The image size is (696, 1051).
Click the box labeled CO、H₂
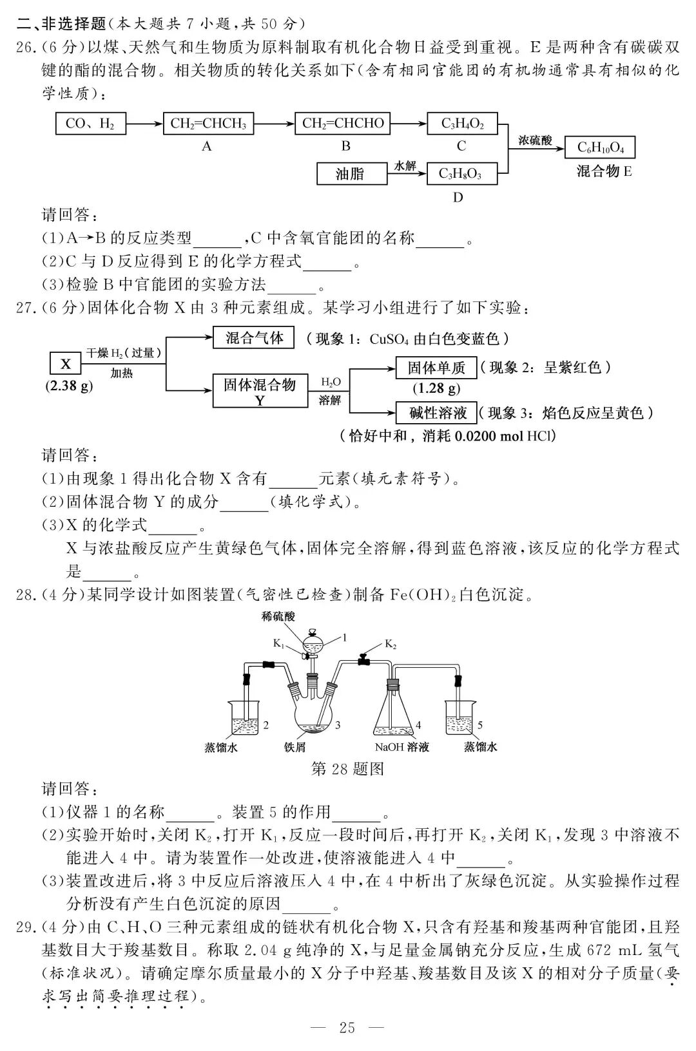90,123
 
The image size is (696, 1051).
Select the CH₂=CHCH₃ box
208,123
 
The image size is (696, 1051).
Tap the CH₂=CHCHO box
342,123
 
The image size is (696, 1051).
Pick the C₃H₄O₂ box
461,123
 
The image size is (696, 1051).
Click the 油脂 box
350,173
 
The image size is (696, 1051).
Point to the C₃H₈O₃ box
461,173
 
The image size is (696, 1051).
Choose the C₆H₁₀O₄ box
599,147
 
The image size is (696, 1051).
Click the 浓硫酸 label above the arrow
535,140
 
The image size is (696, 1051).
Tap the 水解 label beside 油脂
405,166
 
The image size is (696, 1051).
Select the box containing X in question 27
66,365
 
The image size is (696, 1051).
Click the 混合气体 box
253,338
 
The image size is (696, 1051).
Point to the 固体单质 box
436,368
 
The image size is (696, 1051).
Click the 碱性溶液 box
436,413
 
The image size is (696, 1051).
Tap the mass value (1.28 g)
436,388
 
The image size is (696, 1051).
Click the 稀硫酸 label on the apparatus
278,616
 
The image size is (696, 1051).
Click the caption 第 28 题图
347,769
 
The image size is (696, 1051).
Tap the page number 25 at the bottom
347,1027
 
